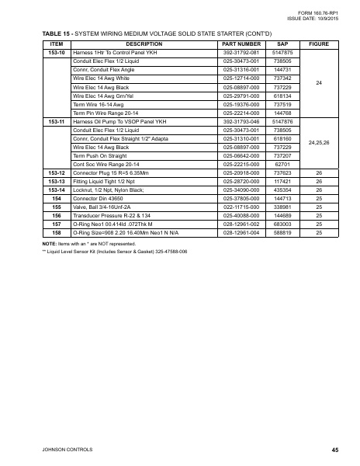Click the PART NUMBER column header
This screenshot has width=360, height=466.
241,44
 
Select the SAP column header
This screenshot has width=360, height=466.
283,44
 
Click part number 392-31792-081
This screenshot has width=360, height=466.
241,52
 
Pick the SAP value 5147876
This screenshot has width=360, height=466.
283,122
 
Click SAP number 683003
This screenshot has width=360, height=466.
283,202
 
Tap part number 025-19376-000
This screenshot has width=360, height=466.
241,104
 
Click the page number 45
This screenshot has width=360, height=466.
334,450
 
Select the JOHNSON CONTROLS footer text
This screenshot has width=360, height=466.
54,450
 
